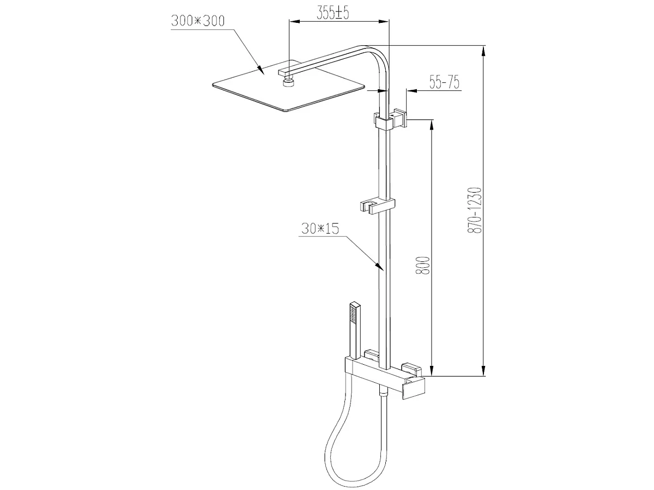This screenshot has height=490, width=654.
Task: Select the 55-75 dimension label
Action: pyautogui.click(x=444, y=83)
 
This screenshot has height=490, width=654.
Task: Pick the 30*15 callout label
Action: pyautogui.click(x=319, y=228)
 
